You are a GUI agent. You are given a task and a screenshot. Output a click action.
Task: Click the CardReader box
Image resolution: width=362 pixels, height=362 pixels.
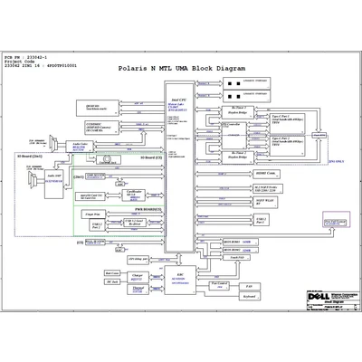tap(134, 193)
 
